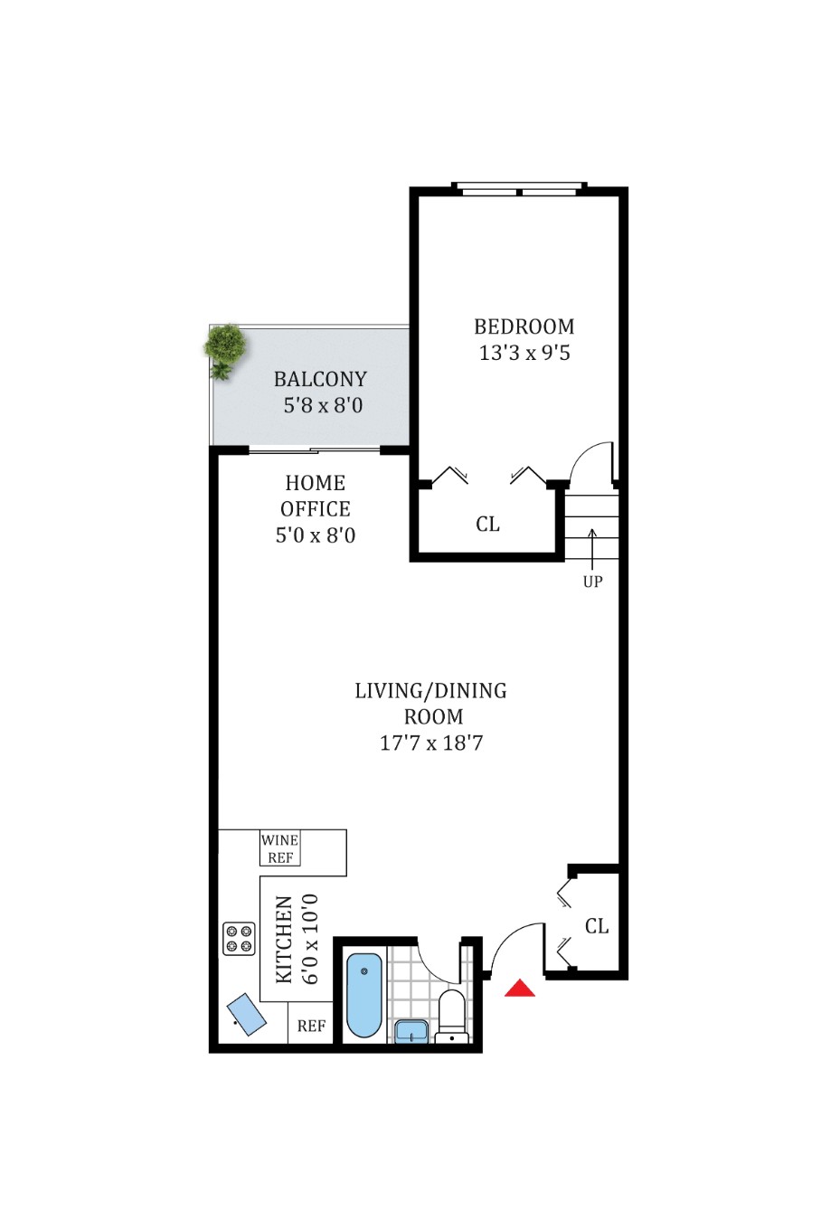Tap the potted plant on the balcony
pos(224,348)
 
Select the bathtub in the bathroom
pos(364,994)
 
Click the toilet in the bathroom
pos(451,1015)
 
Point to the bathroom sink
pos(411,1031)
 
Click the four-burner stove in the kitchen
pos(239,939)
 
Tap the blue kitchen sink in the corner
pos(246,1014)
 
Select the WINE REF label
pos(280,848)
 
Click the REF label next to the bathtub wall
pos(311,1026)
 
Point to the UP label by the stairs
pos(592,582)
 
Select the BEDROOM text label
pos(524,327)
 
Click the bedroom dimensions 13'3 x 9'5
pos(524,353)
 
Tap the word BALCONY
pos(320,379)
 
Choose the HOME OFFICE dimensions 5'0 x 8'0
pos(316,535)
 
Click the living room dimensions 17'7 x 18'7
pos(431,743)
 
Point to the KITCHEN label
pos(284,939)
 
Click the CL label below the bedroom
pos(487,525)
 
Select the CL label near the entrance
pos(597,926)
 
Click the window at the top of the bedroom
pos(519,190)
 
